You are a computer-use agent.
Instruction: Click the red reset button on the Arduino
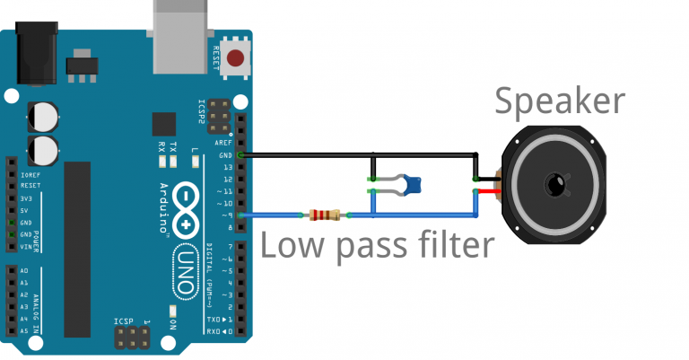(x=235, y=60)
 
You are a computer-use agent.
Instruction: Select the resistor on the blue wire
(x=324, y=215)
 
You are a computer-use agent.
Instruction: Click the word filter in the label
(x=452, y=245)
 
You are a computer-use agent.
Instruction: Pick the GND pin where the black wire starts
(x=241, y=155)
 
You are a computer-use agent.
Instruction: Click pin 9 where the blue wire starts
(x=241, y=215)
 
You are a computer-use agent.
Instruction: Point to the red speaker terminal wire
(x=488, y=192)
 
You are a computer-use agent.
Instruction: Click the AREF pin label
(x=224, y=144)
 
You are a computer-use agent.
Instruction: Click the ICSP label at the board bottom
(x=124, y=320)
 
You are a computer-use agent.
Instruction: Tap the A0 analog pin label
(x=23, y=270)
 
